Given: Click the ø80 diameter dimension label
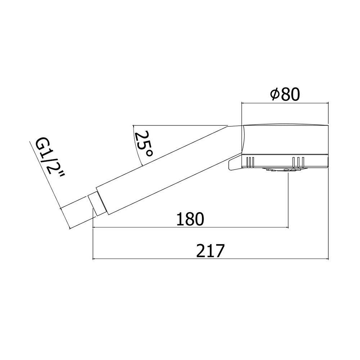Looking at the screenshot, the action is (x=285, y=94).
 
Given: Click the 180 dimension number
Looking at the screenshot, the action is (x=190, y=219).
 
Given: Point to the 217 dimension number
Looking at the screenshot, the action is (x=210, y=251).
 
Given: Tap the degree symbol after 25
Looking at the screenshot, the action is (x=149, y=153).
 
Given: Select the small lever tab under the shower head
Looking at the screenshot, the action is (x=235, y=163).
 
